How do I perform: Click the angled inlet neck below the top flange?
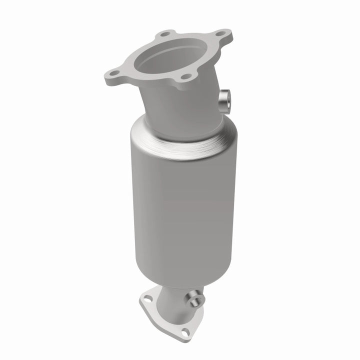pyautogui.click(x=180, y=107)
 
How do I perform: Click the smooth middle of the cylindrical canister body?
pyautogui.click(x=182, y=210)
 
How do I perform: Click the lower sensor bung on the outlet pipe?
pyautogui.click(x=195, y=300)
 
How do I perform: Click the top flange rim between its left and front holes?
pyautogui.click(x=150, y=79)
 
